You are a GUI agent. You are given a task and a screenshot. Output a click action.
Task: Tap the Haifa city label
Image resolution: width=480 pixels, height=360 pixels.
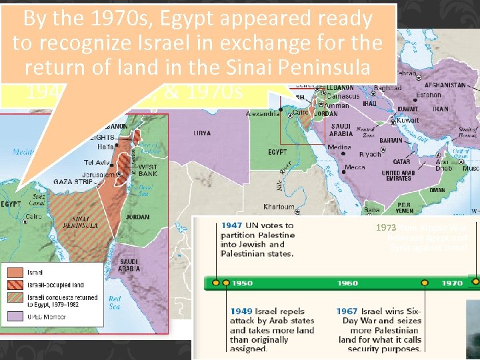[105, 147]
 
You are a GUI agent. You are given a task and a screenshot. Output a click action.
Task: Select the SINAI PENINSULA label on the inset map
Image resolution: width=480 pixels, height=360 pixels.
[86, 222]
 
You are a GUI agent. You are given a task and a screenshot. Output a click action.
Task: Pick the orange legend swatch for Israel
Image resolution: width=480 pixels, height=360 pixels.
[15, 272]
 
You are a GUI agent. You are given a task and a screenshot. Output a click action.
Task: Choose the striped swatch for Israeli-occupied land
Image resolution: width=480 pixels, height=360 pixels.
[15, 284]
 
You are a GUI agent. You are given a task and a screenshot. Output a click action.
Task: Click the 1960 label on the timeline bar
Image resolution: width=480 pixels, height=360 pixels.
[347, 283]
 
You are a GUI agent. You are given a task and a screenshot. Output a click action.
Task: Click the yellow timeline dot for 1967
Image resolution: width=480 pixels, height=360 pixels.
[425, 283]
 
